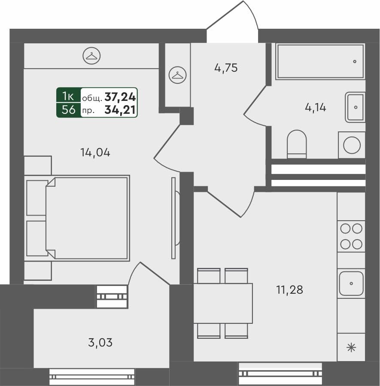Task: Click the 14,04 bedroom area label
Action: pos(95,152)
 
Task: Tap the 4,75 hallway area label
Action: pos(226,68)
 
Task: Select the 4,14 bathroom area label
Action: pos(315,107)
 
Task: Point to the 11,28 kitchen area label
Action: pos(289,290)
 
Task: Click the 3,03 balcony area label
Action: pos(100,343)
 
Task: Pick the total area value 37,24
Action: pos(120,97)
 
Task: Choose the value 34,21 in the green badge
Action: pos(120,110)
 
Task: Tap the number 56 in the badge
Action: pos(68,110)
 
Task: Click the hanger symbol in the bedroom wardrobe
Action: pos(91,56)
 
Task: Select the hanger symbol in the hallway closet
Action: pos(177,75)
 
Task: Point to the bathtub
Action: pos(320,61)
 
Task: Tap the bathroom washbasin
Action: pos(355,107)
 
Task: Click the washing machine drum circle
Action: pos(352,145)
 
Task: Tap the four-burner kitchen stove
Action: pos(351,236)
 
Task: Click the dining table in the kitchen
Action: pos(223,303)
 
